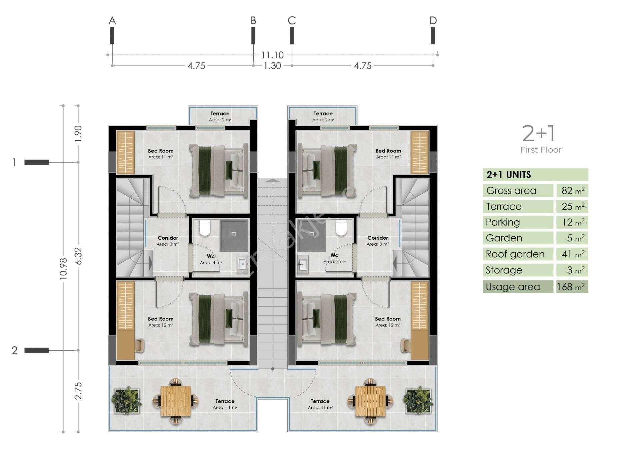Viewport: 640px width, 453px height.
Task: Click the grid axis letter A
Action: [x=112, y=21]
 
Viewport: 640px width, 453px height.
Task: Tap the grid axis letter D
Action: [x=433, y=21]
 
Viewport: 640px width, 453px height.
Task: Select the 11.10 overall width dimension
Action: [x=272, y=55]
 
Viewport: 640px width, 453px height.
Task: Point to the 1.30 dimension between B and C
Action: [x=272, y=66]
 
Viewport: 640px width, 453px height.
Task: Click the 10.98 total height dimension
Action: [x=63, y=268]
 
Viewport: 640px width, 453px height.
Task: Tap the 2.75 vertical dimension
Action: [x=78, y=391]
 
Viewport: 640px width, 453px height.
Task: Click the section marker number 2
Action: [x=14, y=350]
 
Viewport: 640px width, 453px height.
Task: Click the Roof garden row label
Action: [x=515, y=254]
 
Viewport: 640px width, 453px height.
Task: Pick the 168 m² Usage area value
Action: [x=571, y=287]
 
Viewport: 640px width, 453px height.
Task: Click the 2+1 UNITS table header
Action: [x=509, y=175]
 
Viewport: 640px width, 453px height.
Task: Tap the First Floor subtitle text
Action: [x=541, y=150]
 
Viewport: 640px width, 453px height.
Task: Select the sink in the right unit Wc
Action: [x=303, y=265]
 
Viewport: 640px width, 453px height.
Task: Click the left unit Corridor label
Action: [x=168, y=238]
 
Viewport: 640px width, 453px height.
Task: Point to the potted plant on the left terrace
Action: [x=126, y=401]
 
